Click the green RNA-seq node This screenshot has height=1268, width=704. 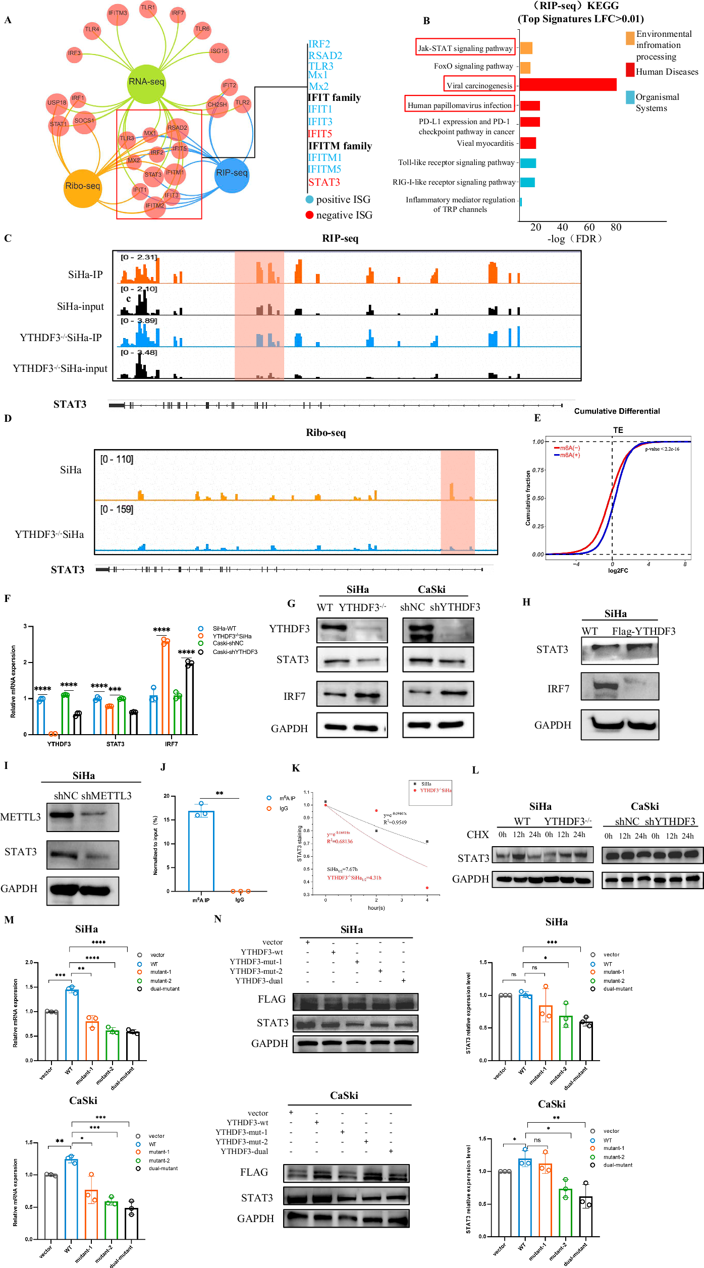click(146, 82)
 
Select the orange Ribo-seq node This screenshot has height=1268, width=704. click(82, 186)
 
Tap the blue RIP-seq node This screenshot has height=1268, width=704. click(232, 173)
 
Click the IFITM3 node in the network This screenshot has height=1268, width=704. click(118, 13)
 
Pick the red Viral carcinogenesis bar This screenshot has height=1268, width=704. click(568, 85)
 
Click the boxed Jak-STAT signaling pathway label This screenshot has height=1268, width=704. click(465, 48)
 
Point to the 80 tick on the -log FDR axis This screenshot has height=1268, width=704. click(616, 227)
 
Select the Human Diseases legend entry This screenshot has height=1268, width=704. click(666, 72)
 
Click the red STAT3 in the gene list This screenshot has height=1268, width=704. click(324, 182)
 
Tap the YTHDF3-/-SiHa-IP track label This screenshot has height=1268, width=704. click(61, 338)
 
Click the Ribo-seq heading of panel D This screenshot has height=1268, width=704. click(326, 433)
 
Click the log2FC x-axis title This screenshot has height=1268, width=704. click(618, 571)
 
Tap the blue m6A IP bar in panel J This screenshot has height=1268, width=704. click(201, 851)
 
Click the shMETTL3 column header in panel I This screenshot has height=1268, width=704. click(106, 796)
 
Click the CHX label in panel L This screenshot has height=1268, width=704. click(477, 835)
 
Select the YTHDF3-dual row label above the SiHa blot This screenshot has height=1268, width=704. click(258, 981)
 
